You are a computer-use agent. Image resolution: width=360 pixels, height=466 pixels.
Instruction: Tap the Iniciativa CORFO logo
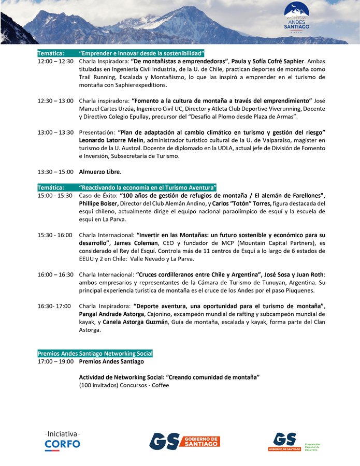(x=63, y=439)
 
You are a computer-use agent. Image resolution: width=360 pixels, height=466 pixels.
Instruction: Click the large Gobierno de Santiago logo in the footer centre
(x=184, y=441)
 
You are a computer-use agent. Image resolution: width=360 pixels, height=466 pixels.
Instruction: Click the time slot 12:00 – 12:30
(x=55, y=61)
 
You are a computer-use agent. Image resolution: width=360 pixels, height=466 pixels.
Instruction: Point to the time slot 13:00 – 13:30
(x=55, y=133)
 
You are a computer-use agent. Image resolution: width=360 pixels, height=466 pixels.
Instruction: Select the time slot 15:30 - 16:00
(x=55, y=235)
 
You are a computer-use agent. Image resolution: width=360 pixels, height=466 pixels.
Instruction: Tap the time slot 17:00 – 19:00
(x=55, y=361)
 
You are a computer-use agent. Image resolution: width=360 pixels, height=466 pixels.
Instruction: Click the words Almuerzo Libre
(x=100, y=171)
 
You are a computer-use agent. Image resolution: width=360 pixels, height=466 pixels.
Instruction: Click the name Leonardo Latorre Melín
(x=110, y=140)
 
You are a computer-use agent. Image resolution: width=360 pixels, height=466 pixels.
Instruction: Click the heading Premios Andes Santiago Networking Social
(x=95, y=354)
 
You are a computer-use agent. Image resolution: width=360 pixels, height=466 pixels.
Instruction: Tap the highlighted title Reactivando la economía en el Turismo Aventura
(x=148, y=187)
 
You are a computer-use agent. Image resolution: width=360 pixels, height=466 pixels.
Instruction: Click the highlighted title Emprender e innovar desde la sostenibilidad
(x=142, y=53)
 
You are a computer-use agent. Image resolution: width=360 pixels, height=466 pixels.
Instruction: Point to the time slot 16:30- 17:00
(x=54, y=306)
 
